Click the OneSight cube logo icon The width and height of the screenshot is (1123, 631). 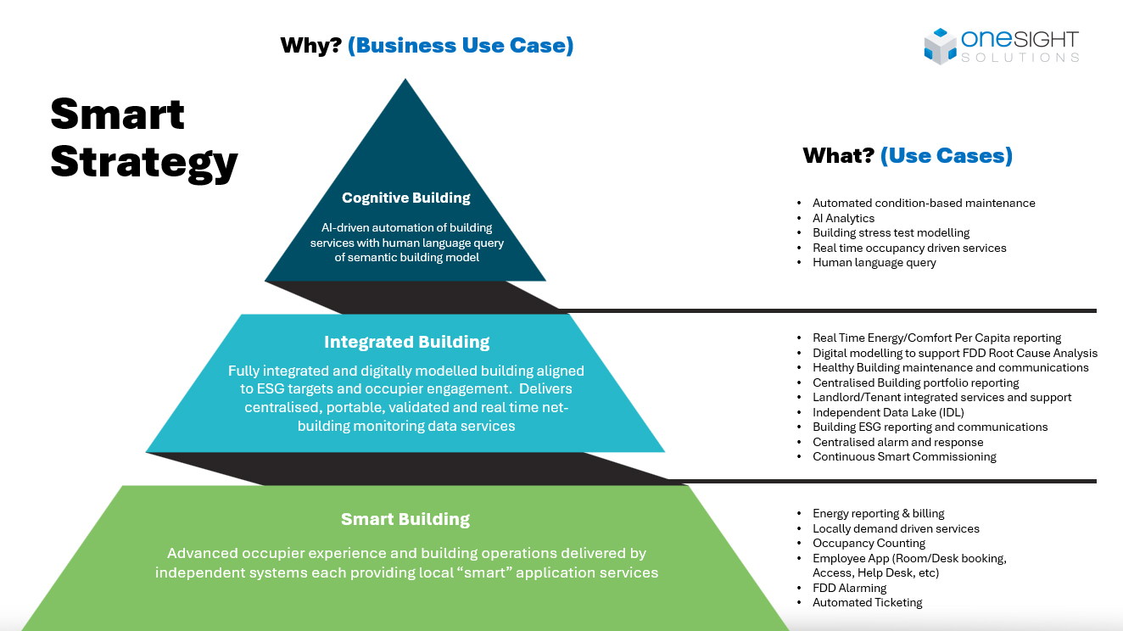coord(940,46)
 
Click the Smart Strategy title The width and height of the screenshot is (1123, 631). coord(143,138)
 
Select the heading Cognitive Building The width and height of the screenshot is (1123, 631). coord(405,198)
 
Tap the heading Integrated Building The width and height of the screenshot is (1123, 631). coord(406,342)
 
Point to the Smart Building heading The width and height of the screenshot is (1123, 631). coord(405,519)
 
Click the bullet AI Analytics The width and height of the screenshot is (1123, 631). coord(843,218)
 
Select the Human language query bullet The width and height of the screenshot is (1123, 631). coord(874,263)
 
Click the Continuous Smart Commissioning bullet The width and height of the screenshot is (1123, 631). coord(904,456)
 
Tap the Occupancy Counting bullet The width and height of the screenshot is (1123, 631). coord(869,543)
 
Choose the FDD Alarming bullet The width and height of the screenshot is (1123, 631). coord(849,588)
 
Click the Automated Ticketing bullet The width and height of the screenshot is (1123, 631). coord(867,602)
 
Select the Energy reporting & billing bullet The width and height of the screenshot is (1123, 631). coord(878,513)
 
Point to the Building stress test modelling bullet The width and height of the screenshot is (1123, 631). coord(891,232)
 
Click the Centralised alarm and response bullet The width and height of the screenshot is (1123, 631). coord(897,442)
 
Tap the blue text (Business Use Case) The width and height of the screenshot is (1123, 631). coord(461,45)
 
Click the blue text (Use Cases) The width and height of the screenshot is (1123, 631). coord(947,155)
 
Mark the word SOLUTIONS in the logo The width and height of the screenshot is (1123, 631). coord(1020,58)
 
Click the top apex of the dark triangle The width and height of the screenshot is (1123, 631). coord(405,81)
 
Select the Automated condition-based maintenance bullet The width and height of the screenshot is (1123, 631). coord(924,203)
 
